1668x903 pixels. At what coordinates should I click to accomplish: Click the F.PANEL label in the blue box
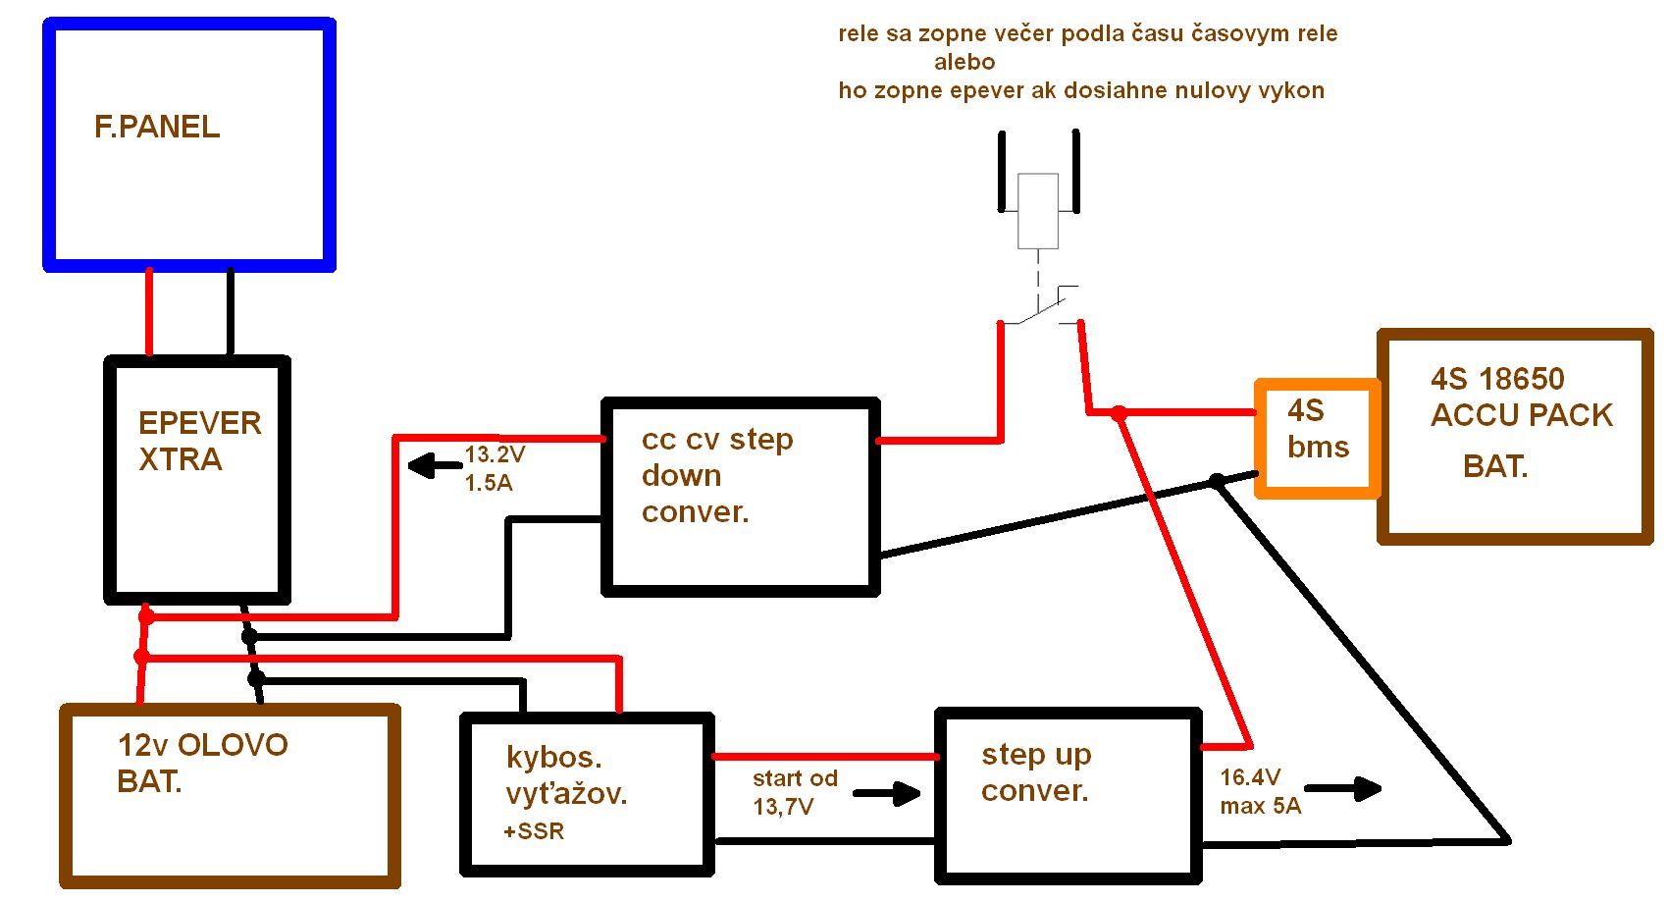(x=157, y=127)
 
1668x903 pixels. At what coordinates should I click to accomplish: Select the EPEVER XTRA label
(x=199, y=441)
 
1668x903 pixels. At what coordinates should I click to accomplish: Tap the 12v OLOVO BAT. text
(x=202, y=763)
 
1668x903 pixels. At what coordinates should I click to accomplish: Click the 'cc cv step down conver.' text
(x=717, y=475)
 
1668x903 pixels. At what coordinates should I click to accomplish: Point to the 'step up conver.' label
(x=1036, y=771)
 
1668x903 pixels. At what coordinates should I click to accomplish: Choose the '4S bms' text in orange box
(x=1318, y=429)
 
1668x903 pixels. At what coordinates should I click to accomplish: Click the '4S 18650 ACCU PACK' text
(x=1521, y=397)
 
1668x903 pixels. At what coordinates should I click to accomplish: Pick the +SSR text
(x=534, y=831)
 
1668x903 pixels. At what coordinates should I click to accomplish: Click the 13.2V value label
(x=495, y=454)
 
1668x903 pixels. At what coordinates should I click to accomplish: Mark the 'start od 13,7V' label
(x=795, y=792)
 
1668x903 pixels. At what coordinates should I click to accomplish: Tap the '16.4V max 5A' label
(x=1260, y=791)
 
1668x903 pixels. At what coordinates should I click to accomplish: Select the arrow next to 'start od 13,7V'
(x=888, y=793)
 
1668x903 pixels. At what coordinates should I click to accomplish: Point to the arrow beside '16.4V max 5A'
(x=1342, y=788)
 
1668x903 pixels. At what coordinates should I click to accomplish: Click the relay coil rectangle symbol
(x=1038, y=210)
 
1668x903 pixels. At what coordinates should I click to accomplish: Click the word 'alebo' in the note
(x=964, y=62)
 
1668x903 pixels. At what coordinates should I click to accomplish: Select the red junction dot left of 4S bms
(x=1119, y=413)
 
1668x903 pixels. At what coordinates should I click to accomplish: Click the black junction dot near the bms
(x=1217, y=481)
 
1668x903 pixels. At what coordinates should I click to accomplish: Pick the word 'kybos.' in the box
(x=553, y=757)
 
